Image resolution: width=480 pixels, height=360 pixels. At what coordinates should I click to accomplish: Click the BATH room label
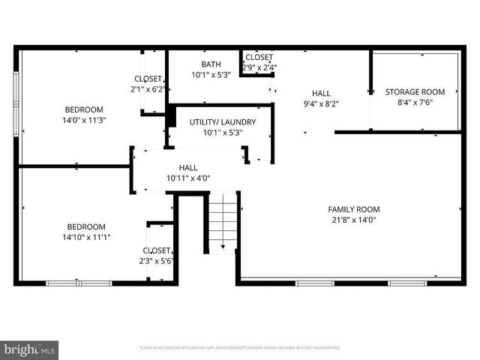click(x=211, y=64)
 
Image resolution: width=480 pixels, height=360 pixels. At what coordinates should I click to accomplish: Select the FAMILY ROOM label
click(x=353, y=209)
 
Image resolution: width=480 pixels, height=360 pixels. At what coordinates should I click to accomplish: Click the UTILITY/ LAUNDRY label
click(x=223, y=122)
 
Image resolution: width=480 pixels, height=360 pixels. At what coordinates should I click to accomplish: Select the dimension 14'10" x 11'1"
click(x=86, y=237)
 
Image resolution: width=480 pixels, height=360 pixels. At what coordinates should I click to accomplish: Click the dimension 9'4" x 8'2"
click(x=321, y=104)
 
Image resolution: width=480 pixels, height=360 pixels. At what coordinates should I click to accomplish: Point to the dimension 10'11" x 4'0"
click(x=188, y=178)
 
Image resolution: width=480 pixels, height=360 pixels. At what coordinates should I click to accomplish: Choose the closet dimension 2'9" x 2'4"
click(x=259, y=67)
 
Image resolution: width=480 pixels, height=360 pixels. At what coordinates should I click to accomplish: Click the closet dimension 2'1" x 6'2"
click(x=148, y=89)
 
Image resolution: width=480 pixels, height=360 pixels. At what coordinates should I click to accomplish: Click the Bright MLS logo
click(x=30, y=349)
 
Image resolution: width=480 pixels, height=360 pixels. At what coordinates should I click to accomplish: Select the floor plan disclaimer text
click(x=240, y=348)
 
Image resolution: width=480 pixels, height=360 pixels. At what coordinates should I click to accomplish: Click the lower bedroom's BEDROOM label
click(x=86, y=226)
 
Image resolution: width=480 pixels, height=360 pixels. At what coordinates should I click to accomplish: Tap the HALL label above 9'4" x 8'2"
click(x=321, y=94)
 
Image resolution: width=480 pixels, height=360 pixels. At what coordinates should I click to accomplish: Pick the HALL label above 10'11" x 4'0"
click(x=188, y=167)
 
